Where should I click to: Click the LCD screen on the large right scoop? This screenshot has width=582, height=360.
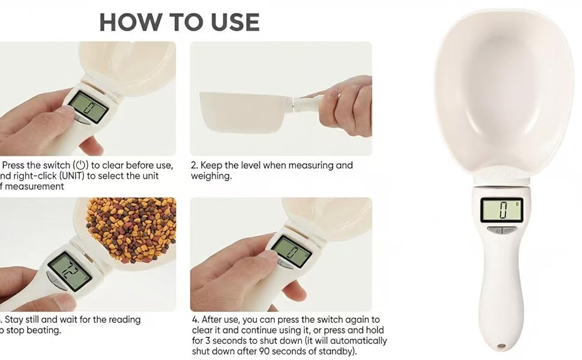coord(502,210)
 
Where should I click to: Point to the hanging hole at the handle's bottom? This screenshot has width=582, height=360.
coord(500,346)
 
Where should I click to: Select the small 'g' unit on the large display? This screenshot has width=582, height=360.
coord(517,204)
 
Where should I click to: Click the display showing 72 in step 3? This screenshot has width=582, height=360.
coord(69,270)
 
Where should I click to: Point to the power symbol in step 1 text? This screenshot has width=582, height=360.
coord(80,165)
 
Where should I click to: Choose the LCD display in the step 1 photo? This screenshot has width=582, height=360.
coord(88,107)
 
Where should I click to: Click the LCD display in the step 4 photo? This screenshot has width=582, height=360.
coord(292,251)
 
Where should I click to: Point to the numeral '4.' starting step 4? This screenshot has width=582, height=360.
coord(195,320)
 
